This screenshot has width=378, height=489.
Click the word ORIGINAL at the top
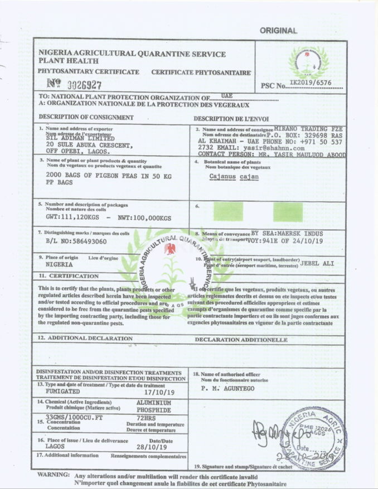[x=278, y=31]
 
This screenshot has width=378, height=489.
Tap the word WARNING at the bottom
[x=54, y=475]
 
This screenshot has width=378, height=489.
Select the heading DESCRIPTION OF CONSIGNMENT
[x=86, y=117]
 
